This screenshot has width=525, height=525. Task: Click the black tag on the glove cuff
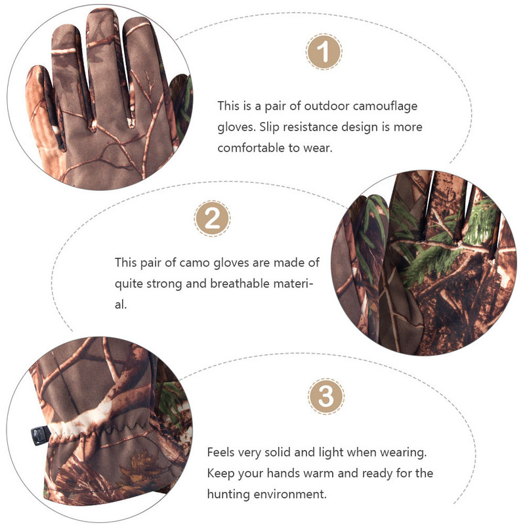[38, 432]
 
